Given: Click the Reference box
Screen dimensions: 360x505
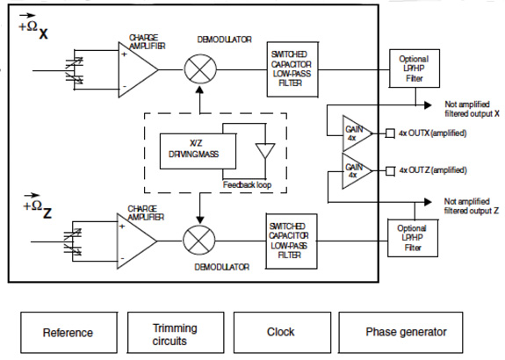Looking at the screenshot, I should pyautogui.click(x=68, y=333).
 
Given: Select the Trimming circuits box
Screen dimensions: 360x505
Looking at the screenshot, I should pyautogui.click(x=175, y=333).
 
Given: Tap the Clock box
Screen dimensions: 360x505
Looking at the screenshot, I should pyautogui.click(x=280, y=333).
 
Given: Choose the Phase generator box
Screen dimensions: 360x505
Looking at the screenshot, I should pyautogui.click(x=406, y=333).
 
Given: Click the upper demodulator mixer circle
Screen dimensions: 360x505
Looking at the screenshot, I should pyautogui.click(x=200, y=68).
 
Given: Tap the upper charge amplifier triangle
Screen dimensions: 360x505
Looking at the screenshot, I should pyautogui.click(x=136, y=68).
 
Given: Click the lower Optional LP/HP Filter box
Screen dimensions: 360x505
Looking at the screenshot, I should pyautogui.click(x=413, y=237).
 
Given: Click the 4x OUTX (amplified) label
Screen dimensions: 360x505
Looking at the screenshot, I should pyautogui.click(x=432, y=133).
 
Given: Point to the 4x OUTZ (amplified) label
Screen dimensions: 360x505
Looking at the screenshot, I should pyautogui.click(x=432, y=169).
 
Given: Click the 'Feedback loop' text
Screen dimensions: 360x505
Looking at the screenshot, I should pyautogui.click(x=249, y=186).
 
